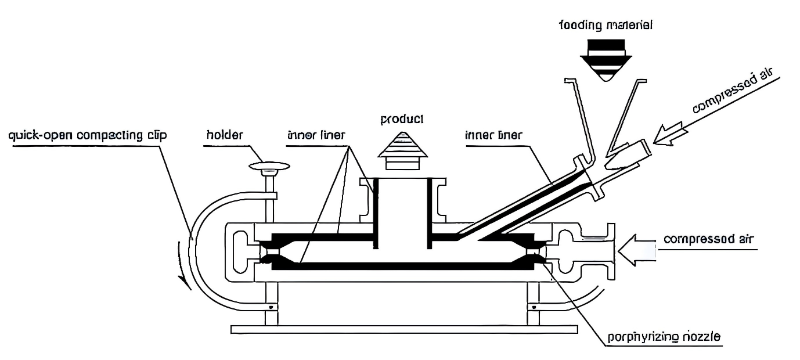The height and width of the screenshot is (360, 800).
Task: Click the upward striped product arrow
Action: [x=402, y=150]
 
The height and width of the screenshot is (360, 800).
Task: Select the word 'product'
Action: [x=402, y=120]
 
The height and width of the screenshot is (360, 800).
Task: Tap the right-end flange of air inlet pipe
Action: [x=610, y=251]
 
